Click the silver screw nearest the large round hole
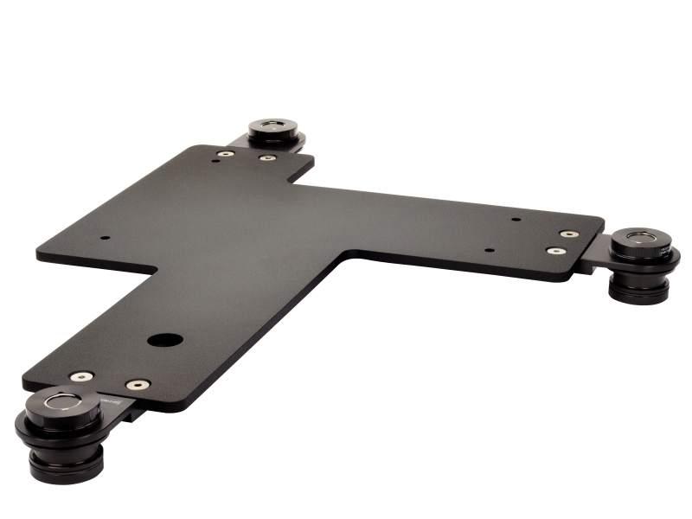(x=138, y=384)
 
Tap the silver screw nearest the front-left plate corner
(x=82, y=376)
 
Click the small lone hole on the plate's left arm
(x=105, y=238)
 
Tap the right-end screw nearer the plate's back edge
(x=568, y=234)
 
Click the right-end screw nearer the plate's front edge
(x=557, y=251)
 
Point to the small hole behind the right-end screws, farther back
(x=516, y=219)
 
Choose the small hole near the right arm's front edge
(x=490, y=251)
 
